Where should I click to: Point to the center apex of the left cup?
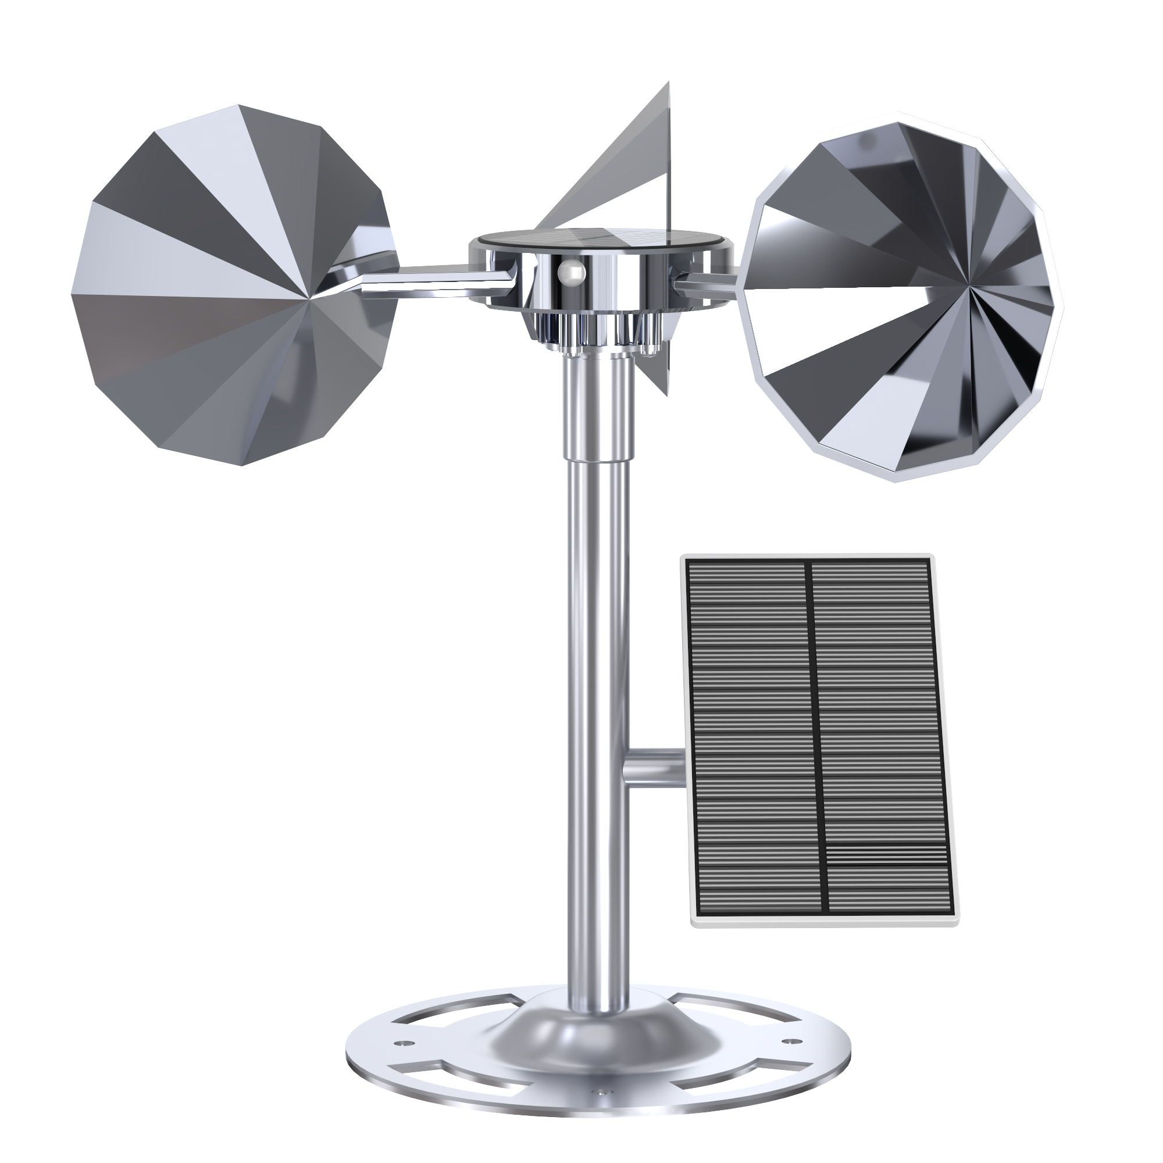pyautogui.click(x=311, y=297)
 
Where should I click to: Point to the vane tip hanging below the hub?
pyautogui.click(x=666, y=394)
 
